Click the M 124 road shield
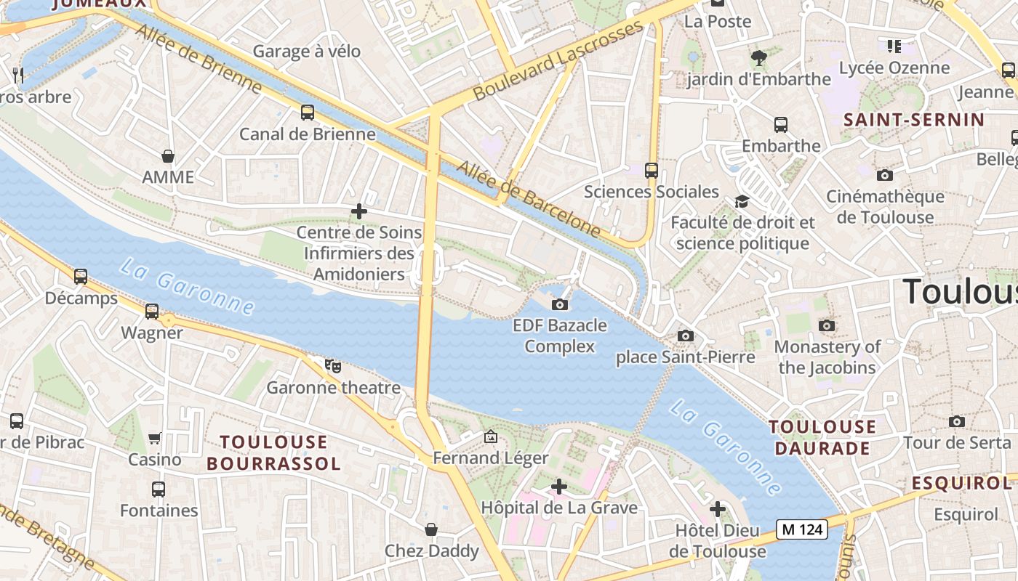pyautogui.click(x=802, y=529)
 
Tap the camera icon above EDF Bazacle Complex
pyautogui.click(x=560, y=304)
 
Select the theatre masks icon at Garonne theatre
pyautogui.click(x=333, y=366)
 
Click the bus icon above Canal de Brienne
pyautogui.click(x=308, y=113)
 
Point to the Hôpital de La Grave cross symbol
pyautogui.click(x=559, y=487)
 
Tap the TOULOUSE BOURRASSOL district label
pyautogui.click(x=273, y=452)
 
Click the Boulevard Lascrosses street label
pyautogui.click(x=558, y=61)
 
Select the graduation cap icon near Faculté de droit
pyautogui.click(x=742, y=201)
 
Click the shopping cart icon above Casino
pyautogui.click(x=155, y=438)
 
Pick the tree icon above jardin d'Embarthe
pyautogui.click(x=758, y=57)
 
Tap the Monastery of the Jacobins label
pyautogui.click(x=827, y=357)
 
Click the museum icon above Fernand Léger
pyautogui.click(x=491, y=436)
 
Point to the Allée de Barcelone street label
pyautogui.click(x=529, y=200)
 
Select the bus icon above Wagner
pyautogui.click(x=152, y=312)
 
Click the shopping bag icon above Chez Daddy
pyautogui.click(x=431, y=529)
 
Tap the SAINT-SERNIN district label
pyautogui.click(x=913, y=120)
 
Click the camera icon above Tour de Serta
pyautogui.click(x=957, y=421)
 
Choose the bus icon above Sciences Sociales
pyautogui.click(x=652, y=171)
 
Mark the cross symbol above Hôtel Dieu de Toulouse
pyautogui.click(x=718, y=509)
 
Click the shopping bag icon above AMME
pyautogui.click(x=168, y=156)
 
